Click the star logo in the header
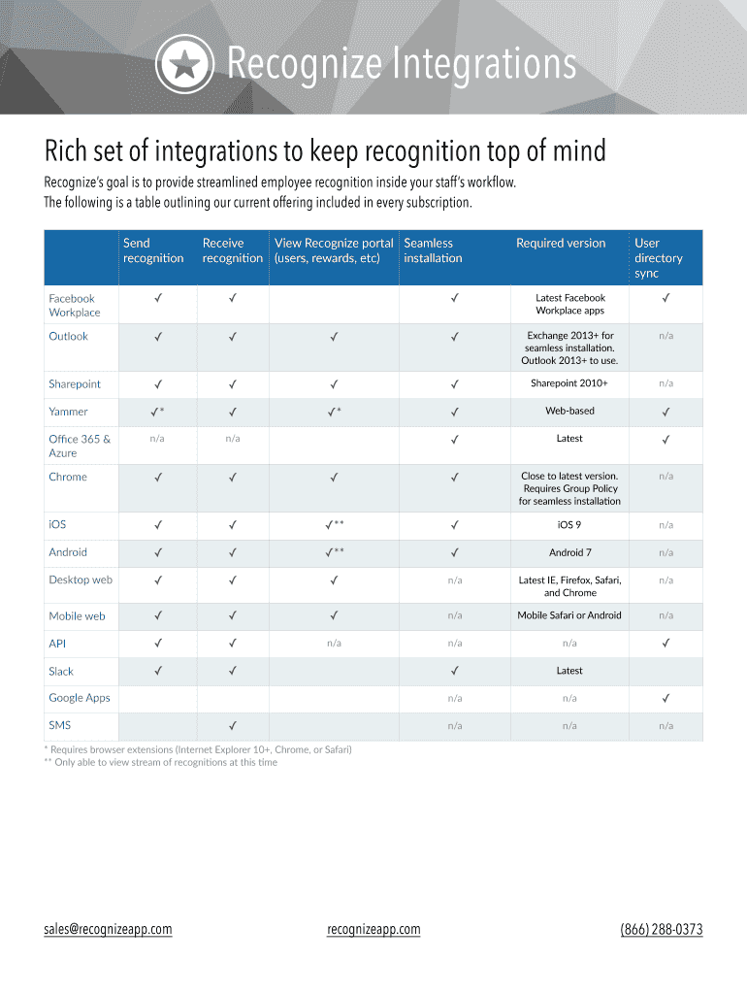(x=185, y=64)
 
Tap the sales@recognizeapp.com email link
(x=108, y=929)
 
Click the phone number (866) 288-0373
(x=662, y=929)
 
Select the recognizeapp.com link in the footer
(x=374, y=929)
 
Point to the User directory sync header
(x=659, y=258)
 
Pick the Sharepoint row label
(x=75, y=384)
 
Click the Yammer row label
(x=68, y=412)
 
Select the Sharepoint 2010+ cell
(x=569, y=383)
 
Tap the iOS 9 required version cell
(x=569, y=524)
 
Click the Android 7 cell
(x=569, y=552)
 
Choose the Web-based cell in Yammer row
(x=569, y=412)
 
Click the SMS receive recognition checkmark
(x=233, y=725)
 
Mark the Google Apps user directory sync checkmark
(x=666, y=698)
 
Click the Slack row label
(x=61, y=671)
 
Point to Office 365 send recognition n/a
(x=157, y=439)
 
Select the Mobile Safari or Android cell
(x=569, y=615)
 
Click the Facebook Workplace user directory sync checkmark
(x=666, y=298)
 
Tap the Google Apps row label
(x=80, y=698)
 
